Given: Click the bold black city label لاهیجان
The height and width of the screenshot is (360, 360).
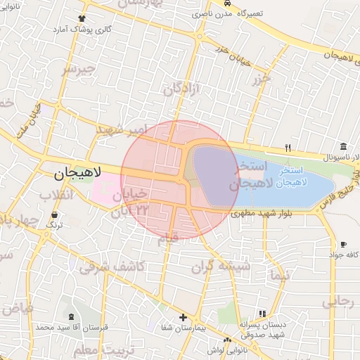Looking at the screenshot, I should (78, 171).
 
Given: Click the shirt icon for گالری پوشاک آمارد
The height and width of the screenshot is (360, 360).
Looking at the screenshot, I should (82, 18).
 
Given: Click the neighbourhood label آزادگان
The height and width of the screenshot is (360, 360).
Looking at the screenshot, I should (184, 89).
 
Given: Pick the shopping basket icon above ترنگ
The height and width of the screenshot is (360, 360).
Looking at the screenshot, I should (55, 214).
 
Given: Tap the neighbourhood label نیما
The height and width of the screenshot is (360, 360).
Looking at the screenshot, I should (278, 275).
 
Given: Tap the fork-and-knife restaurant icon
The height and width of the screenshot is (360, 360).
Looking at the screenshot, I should (288, 148).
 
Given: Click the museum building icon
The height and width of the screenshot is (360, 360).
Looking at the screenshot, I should (342, 146).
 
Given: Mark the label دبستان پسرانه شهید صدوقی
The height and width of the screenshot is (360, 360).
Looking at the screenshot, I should (262, 330).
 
